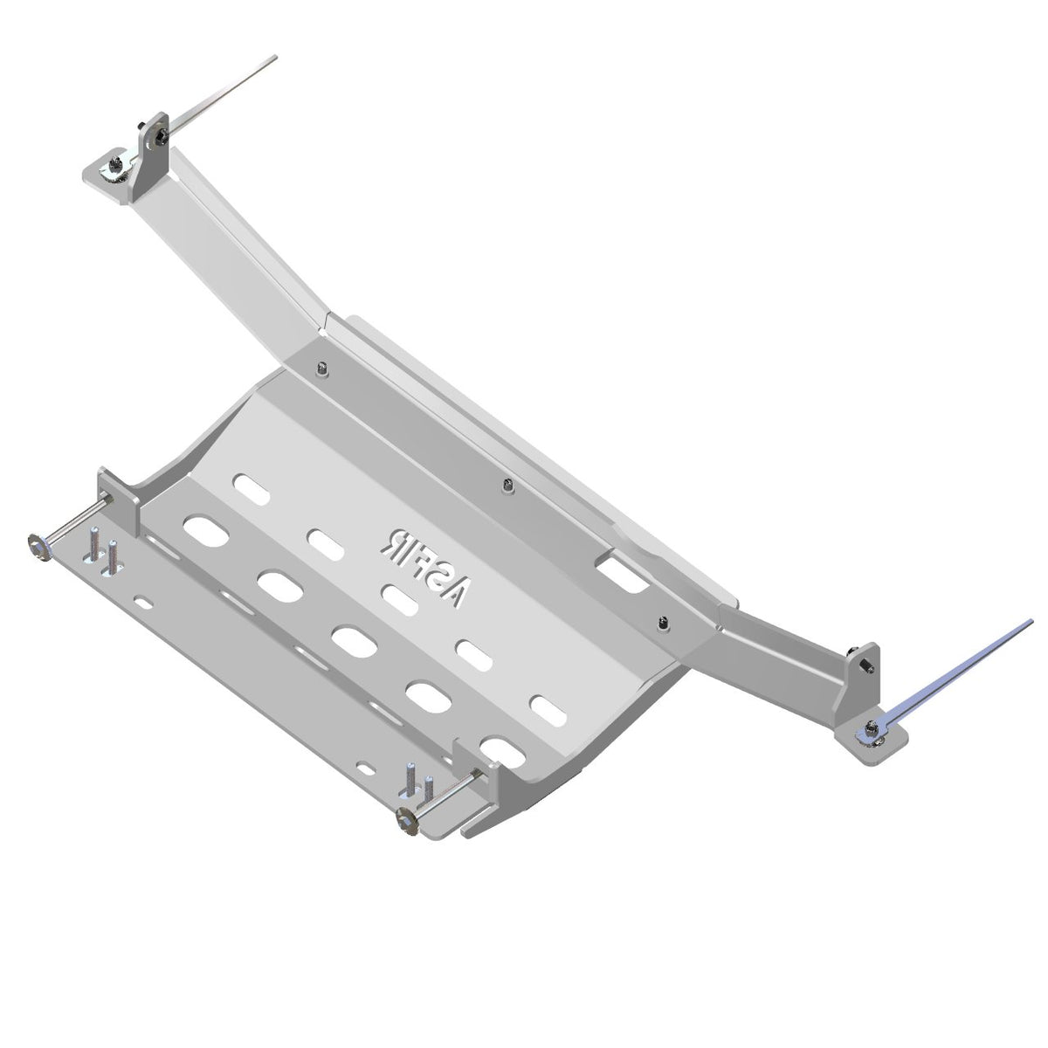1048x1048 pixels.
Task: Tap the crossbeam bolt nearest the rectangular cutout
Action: (x=662, y=623)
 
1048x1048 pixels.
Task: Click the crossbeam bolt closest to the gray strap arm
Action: (x=323, y=369)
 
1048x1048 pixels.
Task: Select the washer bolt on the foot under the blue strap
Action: (x=871, y=728)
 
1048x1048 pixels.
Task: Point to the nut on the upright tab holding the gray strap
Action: (x=161, y=136)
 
